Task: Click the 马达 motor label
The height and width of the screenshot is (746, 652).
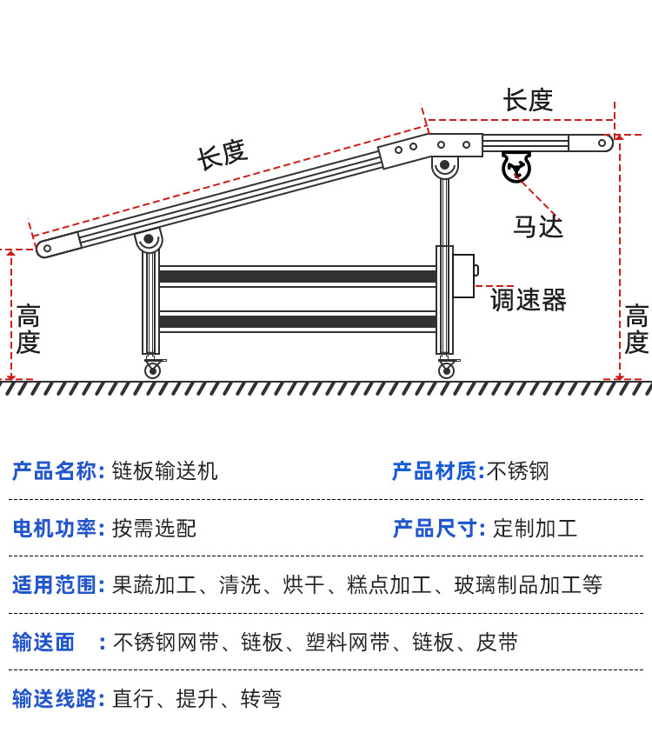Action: click(537, 227)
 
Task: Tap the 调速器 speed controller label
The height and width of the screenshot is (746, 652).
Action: click(528, 301)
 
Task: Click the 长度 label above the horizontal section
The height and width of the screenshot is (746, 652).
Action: click(528, 101)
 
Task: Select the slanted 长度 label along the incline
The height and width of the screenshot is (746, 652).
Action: click(223, 155)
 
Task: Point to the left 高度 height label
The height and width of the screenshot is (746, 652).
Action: click(28, 330)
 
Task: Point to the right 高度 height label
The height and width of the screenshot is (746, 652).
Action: click(636, 330)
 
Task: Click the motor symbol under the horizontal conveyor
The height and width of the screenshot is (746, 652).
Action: click(516, 166)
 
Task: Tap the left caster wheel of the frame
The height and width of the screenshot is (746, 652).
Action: click(152, 370)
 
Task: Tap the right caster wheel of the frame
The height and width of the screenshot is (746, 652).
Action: click(446, 370)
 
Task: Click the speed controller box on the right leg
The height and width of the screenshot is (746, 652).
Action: click(463, 276)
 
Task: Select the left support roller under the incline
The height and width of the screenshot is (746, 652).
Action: click(149, 239)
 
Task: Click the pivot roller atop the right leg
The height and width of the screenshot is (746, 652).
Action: click(445, 165)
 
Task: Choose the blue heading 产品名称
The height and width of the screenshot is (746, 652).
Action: click(57, 471)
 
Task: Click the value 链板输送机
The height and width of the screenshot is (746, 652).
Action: click(165, 471)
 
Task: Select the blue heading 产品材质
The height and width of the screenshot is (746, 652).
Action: click(437, 471)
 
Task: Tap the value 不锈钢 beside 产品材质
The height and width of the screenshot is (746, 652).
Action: click(518, 471)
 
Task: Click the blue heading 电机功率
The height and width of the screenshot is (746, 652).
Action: click(57, 528)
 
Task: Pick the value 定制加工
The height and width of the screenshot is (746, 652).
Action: click(535, 528)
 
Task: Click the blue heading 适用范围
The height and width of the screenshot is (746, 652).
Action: click(57, 584)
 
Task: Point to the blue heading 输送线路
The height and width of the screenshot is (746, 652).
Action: click(57, 698)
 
